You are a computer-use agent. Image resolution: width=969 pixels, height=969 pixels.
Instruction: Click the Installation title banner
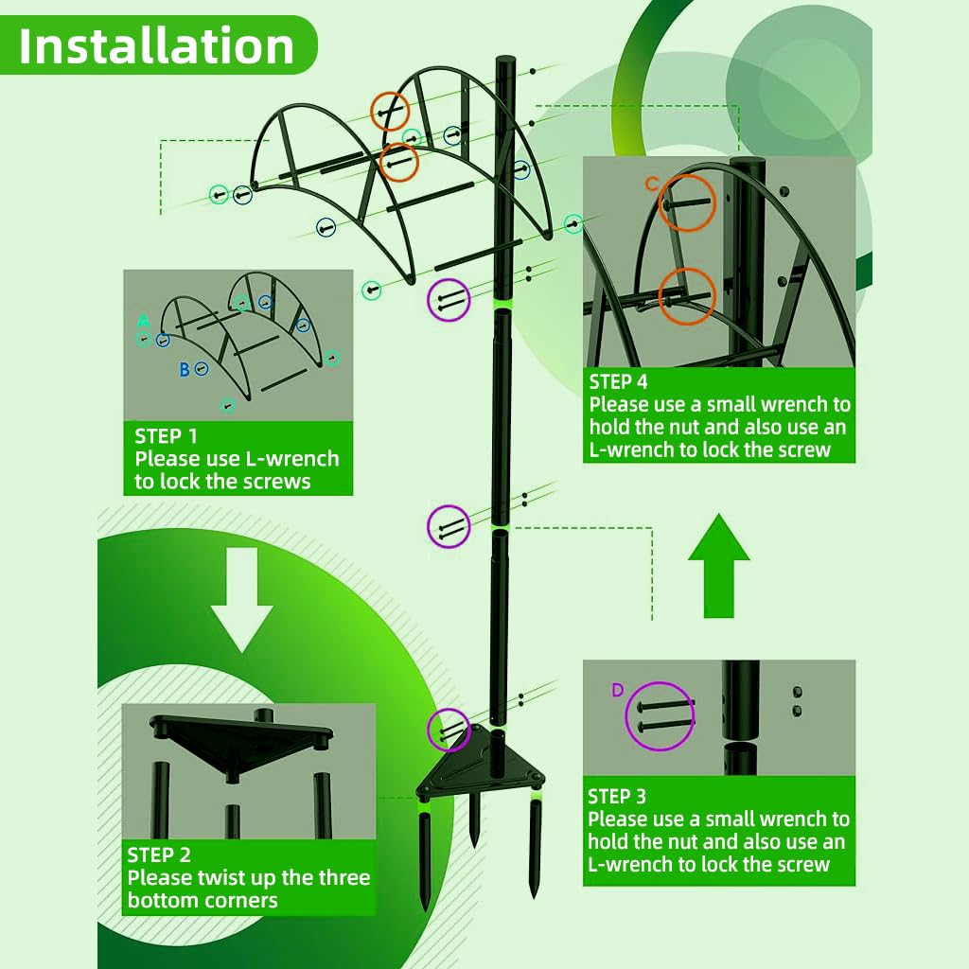tap(157, 45)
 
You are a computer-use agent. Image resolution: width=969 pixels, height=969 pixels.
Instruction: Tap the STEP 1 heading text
tap(167, 435)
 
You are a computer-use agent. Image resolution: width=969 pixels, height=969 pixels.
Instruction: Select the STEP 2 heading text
tap(159, 854)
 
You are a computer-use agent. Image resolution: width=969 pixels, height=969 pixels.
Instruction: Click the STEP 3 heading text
tap(617, 796)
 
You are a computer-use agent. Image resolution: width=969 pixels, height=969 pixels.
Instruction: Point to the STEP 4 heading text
tap(619, 381)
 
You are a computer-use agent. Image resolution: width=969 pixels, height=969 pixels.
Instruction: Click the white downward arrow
tap(240, 601)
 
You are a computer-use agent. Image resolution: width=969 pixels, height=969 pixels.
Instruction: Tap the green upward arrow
tap(719, 565)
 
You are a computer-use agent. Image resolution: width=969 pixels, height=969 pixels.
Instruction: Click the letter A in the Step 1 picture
tap(143, 320)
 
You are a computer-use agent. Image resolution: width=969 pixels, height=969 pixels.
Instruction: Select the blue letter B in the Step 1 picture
tap(185, 370)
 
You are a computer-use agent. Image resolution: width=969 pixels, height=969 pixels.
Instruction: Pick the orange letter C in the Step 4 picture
tap(651, 185)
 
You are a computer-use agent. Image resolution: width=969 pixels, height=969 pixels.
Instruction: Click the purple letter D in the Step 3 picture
tap(617, 690)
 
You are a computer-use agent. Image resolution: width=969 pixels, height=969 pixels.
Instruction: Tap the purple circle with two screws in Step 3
tap(661, 716)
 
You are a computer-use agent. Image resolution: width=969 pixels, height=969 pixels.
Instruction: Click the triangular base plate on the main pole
tap(481, 762)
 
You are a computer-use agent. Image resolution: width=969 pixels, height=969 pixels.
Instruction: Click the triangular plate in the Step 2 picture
tap(240, 738)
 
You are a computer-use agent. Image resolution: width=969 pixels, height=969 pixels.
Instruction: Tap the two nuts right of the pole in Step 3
tap(797, 700)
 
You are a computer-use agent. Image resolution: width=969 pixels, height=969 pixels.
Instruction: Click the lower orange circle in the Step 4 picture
tap(687, 296)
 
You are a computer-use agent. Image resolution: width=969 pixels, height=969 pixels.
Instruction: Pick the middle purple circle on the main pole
tap(449, 526)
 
